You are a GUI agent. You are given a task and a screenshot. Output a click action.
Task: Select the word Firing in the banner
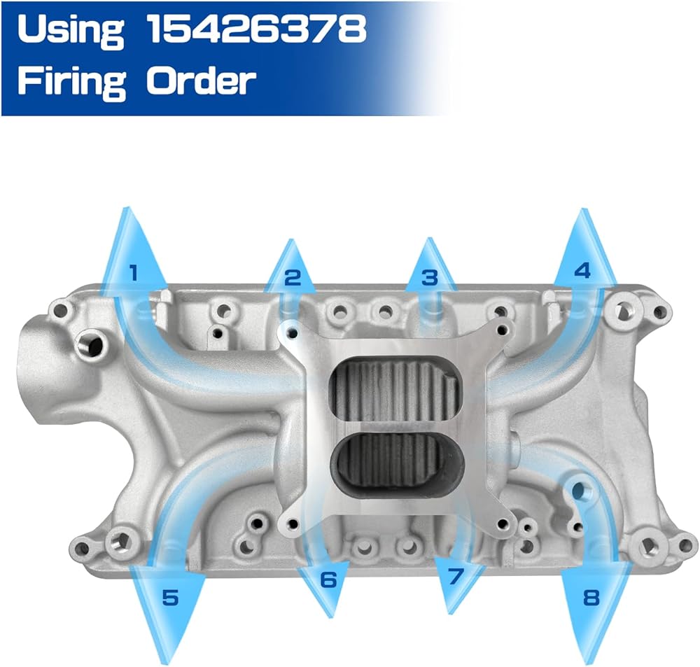pos(72,81)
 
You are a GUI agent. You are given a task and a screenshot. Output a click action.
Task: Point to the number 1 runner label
pos(132,273)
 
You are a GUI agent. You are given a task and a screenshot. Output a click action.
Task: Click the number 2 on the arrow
pos(293,278)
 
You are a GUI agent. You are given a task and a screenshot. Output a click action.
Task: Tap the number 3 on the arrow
pos(430,278)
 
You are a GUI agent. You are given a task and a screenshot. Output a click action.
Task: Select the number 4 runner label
pos(582,271)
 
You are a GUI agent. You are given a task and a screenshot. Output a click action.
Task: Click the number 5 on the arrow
pos(171,597)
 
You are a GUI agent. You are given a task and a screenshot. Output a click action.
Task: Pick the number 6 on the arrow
pos(328,580)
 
